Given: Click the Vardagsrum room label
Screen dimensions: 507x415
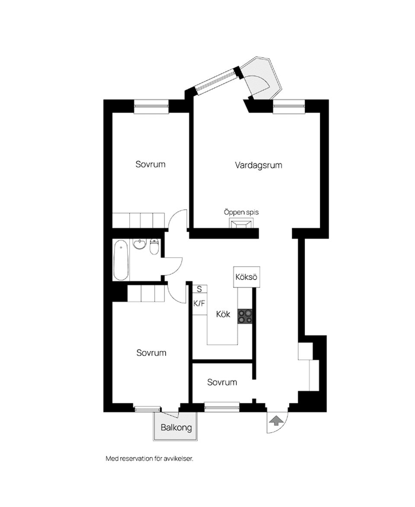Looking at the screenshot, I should [x=259, y=165].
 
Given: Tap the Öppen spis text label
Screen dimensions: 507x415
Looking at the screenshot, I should [x=241, y=212].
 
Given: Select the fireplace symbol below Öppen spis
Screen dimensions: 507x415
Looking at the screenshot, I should [x=241, y=223].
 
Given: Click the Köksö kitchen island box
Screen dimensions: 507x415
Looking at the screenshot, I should [x=246, y=277].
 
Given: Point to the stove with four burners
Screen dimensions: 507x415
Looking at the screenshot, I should [x=245, y=316].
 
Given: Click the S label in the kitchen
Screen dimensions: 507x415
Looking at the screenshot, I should [x=199, y=289].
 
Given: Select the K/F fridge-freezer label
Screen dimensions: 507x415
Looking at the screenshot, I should [x=199, y=303].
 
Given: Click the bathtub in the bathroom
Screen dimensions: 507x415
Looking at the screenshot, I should [x=121, y=261].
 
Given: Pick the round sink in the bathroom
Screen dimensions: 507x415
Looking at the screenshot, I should [x=140, y=245].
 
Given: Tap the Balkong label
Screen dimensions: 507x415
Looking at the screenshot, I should [x=176, y=428].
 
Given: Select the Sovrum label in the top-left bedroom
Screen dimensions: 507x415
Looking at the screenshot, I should [x=150, y=164].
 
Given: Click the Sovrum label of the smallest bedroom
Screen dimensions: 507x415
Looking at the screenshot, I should [x=222, y=382].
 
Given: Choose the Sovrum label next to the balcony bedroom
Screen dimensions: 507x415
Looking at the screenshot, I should [x=151, y=353].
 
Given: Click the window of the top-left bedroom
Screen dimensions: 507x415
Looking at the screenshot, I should [x=151, y=106].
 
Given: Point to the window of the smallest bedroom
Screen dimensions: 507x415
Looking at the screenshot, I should [x=222, y=407].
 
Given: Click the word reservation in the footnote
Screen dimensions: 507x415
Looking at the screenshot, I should [x=138, y=459].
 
